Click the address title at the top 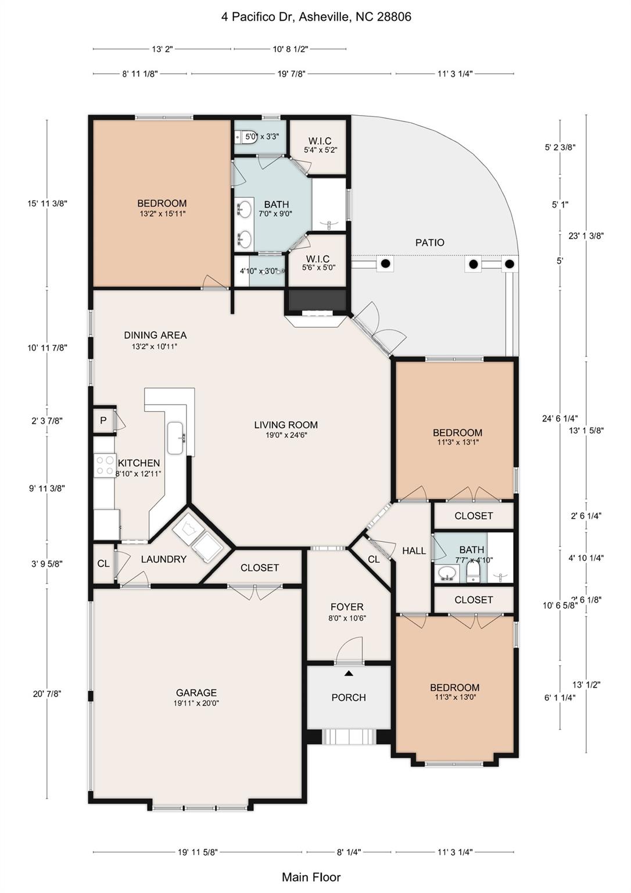[x=315, y=17]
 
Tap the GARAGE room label [x=196, y=693]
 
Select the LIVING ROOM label [x=285, y=425]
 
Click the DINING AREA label [x=155, y=335]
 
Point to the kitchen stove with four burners [x=105, y=466]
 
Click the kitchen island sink [x=176, y=438]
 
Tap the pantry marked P [x=103, y=420]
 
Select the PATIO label [x=429, y=242]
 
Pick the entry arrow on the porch [x=349, y=673]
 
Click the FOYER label [x=347, y=607]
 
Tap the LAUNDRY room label [x=163, y=559]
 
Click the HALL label [x=414, y=551]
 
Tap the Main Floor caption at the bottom [x=311, y=877]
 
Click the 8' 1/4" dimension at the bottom [x=349, y=852]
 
